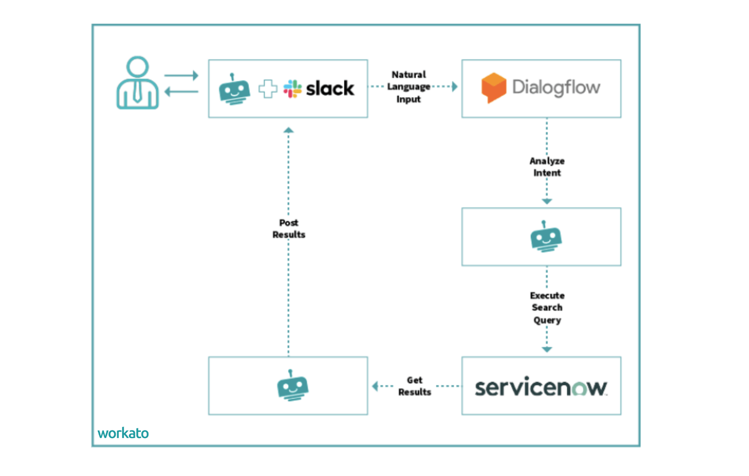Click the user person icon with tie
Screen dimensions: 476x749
tap(137, 83)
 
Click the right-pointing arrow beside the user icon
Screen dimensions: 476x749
tap(181, 76)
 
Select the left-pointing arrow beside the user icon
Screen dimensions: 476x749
tap(181, 91)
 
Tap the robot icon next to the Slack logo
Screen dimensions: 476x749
tap(234, 89)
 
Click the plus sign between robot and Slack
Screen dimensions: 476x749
tap(268, 89)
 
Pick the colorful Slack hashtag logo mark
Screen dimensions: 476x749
tap(292, 89)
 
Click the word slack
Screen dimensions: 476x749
tap(330, 88)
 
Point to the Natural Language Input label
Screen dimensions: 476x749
tap(409, 87)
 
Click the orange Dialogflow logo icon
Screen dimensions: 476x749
tap(493, 87)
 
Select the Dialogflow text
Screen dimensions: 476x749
tap(556, 87)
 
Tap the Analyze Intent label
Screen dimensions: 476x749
tap(547, 167)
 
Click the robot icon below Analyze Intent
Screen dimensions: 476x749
tap(546, 236)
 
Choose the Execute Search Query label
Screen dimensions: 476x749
tap(547, 307)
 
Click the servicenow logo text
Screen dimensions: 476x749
tap(541, 387)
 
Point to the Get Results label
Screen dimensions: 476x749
tap(415, 386)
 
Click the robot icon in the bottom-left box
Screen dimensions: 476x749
tap(292, 386)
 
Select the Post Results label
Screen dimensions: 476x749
tap(289, 228)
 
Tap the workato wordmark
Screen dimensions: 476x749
tap(123, 433)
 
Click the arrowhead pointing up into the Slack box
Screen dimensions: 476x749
tap(288, 130)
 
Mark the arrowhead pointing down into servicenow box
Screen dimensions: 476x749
tap(547, 349)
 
